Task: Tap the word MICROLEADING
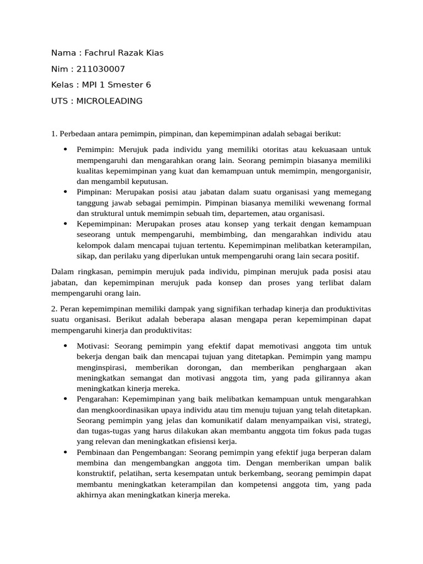click(110, 101)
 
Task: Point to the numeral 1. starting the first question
click(54, 134)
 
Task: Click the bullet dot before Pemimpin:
click(65, 149)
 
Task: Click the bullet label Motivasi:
click(94, 346)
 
